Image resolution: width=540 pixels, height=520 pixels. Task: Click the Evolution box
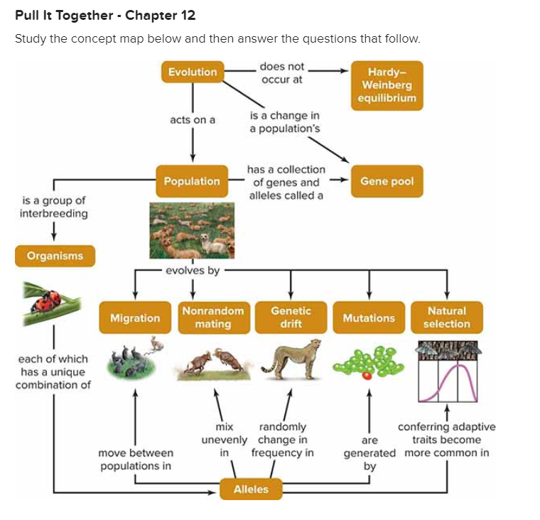193,72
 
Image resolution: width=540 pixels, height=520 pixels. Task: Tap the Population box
192,181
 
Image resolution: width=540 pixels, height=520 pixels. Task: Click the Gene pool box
387,181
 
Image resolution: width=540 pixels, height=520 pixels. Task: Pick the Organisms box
55,256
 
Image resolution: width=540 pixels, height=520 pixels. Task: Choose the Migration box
135,318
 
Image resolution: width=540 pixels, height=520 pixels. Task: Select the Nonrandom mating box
213,318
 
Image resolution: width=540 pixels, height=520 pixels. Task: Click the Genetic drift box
291,318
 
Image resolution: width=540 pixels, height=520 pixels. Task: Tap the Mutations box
369,318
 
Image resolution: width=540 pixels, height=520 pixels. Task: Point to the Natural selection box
447,318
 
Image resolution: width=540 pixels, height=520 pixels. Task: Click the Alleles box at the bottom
252,489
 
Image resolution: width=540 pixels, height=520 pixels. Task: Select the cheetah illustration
289,359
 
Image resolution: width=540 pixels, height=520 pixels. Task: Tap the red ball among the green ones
365,374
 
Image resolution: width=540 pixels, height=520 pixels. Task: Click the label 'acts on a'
193,120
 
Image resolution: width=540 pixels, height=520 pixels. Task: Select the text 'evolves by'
193,270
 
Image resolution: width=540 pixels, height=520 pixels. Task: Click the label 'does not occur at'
282,73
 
